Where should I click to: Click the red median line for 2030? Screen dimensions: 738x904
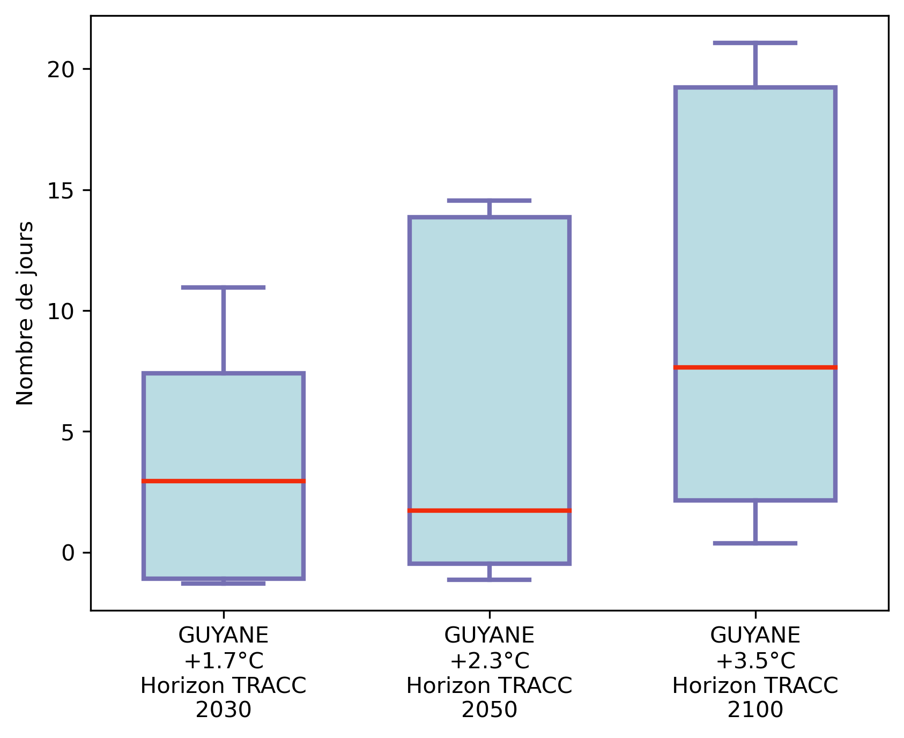coord(224,481)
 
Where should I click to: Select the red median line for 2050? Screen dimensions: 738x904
coord(489,510)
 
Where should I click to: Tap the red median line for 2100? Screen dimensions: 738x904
coord(755,367)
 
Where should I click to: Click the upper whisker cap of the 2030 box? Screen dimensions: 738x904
coord(224,287)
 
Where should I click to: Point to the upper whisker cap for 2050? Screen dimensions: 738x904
coord(489,201)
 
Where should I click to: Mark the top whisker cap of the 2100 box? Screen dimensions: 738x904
coord(755,43)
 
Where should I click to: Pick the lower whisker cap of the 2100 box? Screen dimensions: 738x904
coord(755,543)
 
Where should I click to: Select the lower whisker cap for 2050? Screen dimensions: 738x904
coord(489,580)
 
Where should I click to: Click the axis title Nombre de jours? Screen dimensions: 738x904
coord(25,313)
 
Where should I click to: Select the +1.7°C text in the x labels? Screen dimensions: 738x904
coord(224,661)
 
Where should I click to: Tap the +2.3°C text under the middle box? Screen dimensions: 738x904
coord(489,661)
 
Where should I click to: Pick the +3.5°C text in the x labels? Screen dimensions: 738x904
coord(755,661)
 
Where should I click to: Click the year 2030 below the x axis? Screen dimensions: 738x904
coord(224,710)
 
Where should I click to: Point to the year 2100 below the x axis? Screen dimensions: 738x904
coord(755,710)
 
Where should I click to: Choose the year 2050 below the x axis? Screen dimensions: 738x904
coord(489,710)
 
